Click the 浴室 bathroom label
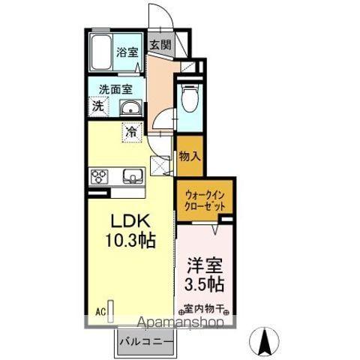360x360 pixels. point(127,52)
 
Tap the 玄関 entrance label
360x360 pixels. point(158,45)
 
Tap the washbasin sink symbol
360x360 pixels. point(130,108)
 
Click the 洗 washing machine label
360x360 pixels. point(97,107)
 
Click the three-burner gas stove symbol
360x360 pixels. point(100,177)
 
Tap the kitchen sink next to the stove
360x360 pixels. point(132,177)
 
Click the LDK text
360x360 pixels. point(131,223)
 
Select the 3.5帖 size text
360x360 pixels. point(205,286)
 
